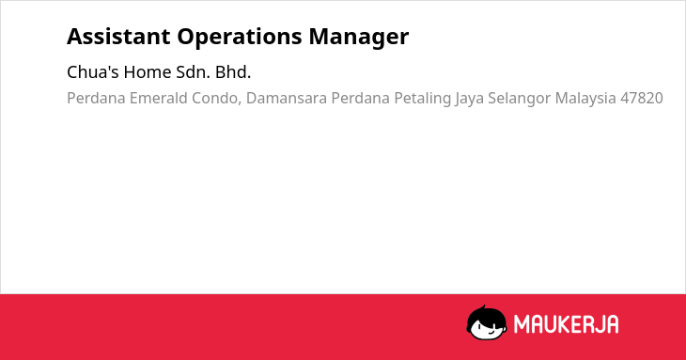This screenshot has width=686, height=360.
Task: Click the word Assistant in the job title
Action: [118, 37]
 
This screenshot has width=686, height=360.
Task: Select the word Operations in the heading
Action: [240, 38]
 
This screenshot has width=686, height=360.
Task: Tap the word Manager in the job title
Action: [359, 38]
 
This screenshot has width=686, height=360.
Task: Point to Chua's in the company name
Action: [93, 71]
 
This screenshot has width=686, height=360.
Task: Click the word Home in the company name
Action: [148, 71]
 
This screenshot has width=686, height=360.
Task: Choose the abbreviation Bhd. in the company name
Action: [233, 71]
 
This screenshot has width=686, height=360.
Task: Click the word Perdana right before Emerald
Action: [96, 98]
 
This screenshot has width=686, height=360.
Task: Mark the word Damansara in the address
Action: [286, 98]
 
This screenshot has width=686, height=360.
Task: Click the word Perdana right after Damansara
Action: [360, 98]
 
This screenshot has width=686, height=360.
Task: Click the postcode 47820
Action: [642, 98]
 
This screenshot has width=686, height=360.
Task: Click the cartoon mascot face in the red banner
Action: [487, 322]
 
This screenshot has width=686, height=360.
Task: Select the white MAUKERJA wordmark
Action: [566, 324]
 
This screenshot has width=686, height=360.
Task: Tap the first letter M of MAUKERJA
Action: [522, 324]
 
